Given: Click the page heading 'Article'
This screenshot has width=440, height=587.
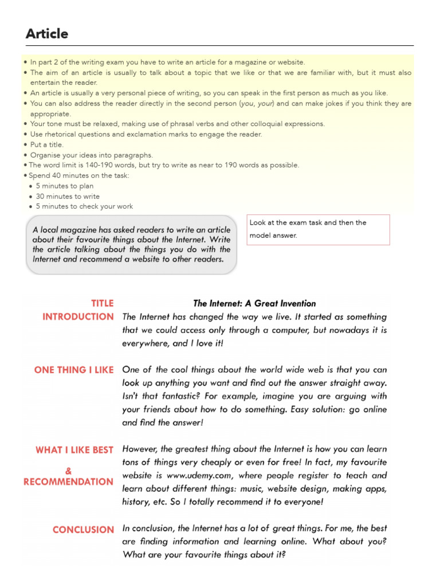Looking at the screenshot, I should pyautogui.click(x=47, y=34).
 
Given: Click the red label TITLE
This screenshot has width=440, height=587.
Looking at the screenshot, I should pyautogui.click(x=103, y=303).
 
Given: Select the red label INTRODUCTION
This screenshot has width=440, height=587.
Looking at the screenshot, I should pyautogui.click(x=78, y=316).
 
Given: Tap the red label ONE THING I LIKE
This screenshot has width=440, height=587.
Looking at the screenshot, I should pyautogui.click(x=74, y=370).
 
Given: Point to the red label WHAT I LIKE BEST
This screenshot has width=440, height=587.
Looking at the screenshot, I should pyautogui.click(x=74, y=450).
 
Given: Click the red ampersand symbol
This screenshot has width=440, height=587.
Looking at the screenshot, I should pyautogui.click(x=69, y=471).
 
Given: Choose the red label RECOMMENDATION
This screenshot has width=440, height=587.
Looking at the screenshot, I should pyautogui.click(x=68, y=482).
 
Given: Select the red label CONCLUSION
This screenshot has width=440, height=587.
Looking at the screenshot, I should pyautogui.click(x=83, y=530).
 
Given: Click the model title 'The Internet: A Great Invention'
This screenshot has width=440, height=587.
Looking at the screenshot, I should pyautogui.click(x=254, y=303).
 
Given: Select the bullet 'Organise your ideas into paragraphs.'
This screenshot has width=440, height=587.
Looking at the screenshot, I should pyautogui.click(x=92, y=155).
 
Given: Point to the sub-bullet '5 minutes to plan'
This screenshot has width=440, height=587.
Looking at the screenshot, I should pyautogui.click(x=65, y=186).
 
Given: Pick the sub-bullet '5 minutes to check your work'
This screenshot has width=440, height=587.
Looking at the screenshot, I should pyautogui.click(x=84, y=206).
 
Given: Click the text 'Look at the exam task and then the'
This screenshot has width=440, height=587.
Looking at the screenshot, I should pyautogui.click(x=308, y=222).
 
